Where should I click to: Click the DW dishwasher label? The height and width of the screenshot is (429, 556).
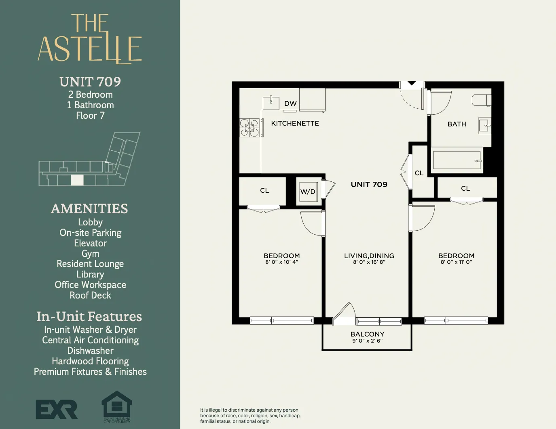(x=290, y=103)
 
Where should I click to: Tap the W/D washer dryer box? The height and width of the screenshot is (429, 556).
(x=307, y=191)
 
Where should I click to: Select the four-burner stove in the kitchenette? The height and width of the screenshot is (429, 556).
(x=249, y=127)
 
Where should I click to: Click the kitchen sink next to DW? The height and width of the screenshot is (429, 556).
(x=271, y=102)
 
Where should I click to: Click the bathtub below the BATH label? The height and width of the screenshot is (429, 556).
(x=457, y=160)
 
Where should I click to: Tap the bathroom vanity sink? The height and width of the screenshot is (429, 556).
(x=484, y=126)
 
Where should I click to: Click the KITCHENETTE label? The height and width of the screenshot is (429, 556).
(x=295, y=123)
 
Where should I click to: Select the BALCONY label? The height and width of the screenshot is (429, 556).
(x=367, y=334)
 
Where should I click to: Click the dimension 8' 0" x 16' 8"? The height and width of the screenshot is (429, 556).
(x=369, y=262)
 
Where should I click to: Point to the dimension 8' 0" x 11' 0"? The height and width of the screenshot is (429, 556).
(x=456, y=262)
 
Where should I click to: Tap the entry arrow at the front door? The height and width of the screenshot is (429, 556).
(x=412, y=84)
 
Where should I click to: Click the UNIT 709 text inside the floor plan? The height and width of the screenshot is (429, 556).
(x=369, y=185)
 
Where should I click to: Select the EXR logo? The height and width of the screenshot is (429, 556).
(x=57, y=409)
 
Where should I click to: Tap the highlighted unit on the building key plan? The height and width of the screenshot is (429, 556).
(x=77, y=180)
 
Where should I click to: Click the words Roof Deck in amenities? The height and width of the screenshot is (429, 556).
(x=90, y=295)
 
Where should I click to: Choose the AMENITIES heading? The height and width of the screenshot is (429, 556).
(x=89, y=208)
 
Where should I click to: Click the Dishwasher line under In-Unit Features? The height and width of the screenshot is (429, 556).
(x=90, y=351)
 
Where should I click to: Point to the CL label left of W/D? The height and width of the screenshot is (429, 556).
(x=264, y=190)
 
